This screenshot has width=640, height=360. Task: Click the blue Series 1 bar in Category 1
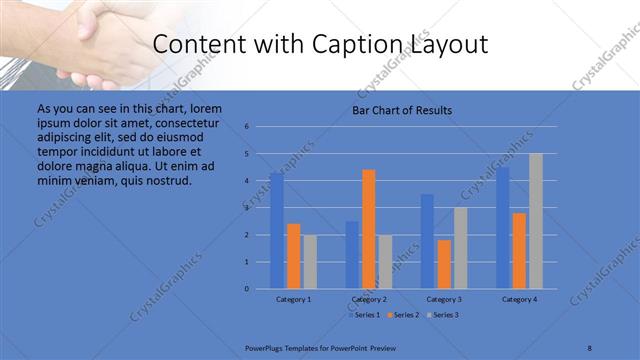276,231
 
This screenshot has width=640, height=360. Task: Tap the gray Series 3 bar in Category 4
536,221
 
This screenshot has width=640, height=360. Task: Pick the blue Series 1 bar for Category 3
427,241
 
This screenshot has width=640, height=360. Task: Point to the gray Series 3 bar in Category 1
310,262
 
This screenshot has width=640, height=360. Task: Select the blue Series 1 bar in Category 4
503,228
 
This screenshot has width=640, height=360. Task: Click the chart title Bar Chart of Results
402,110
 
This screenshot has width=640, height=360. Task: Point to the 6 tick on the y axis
247,127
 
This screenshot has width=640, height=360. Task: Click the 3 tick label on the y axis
247,208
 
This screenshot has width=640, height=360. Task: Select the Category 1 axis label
293,299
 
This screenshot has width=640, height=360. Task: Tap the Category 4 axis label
519,299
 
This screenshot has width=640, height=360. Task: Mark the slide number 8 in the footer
589,346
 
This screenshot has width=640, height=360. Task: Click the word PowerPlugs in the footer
268,346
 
